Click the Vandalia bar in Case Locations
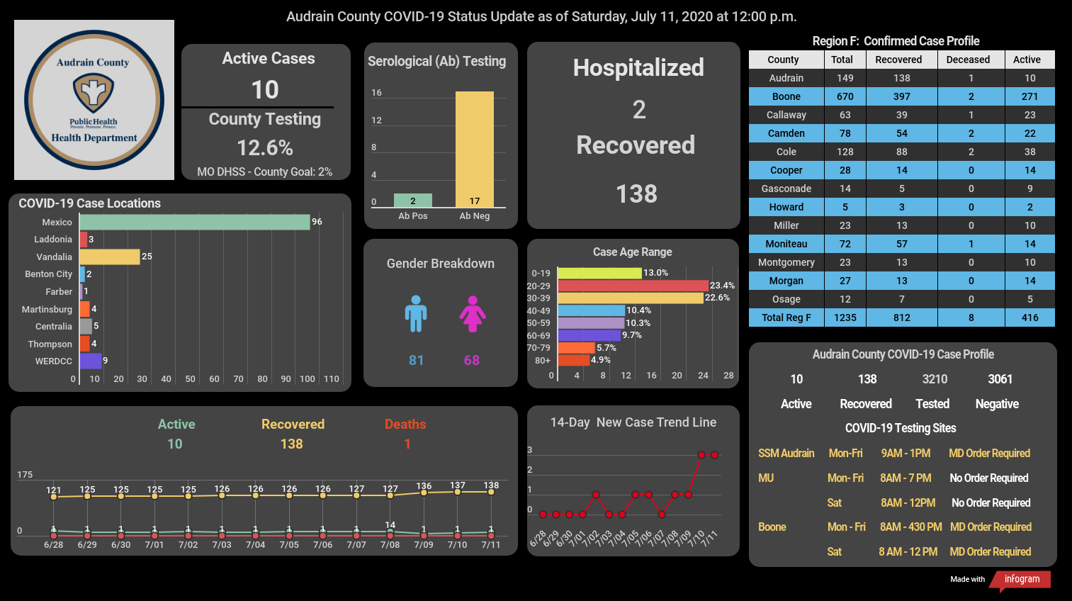[x=110, y=257]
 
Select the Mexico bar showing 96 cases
[x=195, y=223]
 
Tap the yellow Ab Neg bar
[x=474, y=150]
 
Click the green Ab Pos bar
[x=412, y=200]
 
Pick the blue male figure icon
[x=415, y=314]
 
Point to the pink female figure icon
[x=473, y=314]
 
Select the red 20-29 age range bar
[x=633, y=286]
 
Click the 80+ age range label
[x=543, y=360]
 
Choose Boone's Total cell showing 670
[x=845, y=96]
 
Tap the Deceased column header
[x=968, y=60]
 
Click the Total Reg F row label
[x=786, y=318]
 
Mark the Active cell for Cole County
[x=1030, y=152]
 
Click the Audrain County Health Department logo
[x=94, y=100]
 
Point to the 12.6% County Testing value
[x=265, y=148]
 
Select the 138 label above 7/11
[x=491, y=485]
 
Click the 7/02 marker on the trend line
[x=596, y=495]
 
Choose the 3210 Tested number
[x=935, y=379]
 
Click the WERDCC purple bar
[x=91, y=361]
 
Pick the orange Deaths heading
[x=405, y=425]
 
